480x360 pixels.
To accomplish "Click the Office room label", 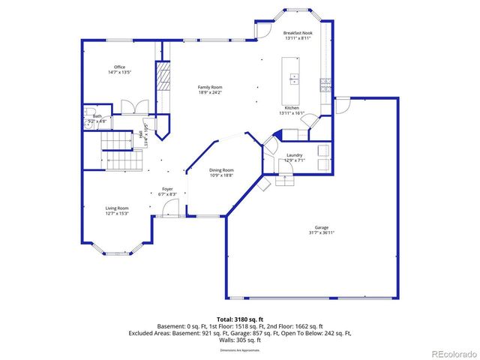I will (x=119, y=67).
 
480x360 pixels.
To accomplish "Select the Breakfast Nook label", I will (x=298, y=33).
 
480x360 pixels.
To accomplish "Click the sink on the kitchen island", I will (x=294, y=76).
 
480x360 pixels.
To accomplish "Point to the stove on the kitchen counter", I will (x=325, y=84).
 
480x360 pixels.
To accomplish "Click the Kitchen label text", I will (x=292, y=108).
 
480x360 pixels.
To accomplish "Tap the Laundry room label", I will (x=294, y=155).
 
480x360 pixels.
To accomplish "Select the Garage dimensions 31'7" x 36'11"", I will (x=321, y=232).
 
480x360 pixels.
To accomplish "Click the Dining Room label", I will (x=221, y=169).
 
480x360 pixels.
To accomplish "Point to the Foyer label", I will (x=167, y=189).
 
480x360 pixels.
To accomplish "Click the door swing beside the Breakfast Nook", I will (x=262, y=30).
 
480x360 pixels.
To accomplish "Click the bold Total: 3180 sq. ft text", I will (x=239, y=319).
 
